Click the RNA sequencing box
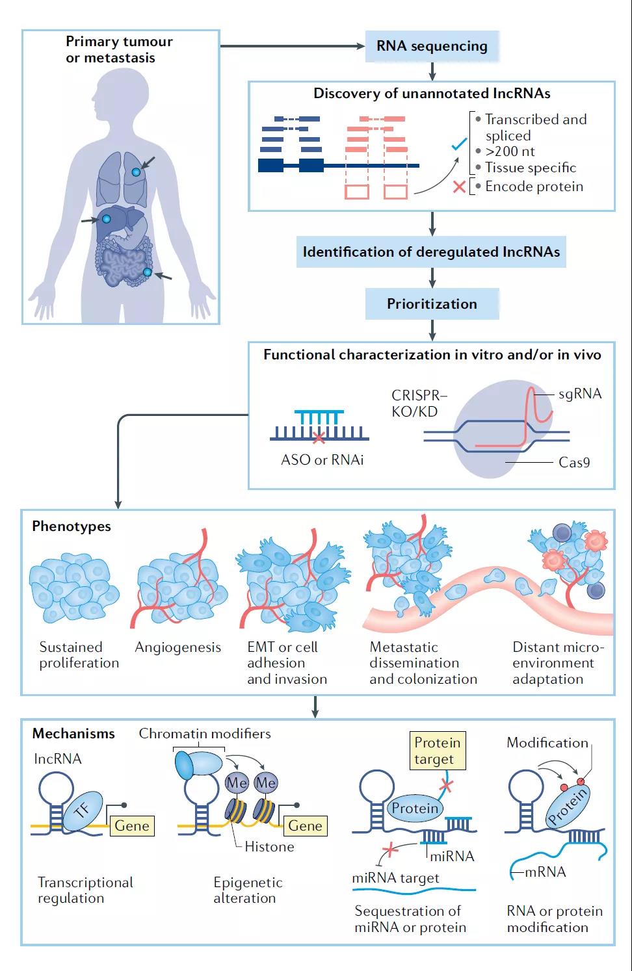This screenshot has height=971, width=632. pyautogui.click(x=432, y=46)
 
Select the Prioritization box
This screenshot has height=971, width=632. pyautogui.click(x=432, y=304)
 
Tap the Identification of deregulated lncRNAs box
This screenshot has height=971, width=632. pyautogui.click(x=431, y=252)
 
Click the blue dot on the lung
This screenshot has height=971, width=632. pyautogui.click(x=136, y=172)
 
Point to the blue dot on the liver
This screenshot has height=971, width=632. pyautogui.click(x=107, y=220)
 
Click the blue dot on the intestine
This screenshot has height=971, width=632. pyautogui.click(x=148, y=272)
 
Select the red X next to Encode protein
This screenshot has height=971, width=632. pyautogui.click(x=459, y=187)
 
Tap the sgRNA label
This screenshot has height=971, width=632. pyautogui.click(x=580, y=394)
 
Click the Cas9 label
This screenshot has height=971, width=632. pyautogui.click(x=574, y=463)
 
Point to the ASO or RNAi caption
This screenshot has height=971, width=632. pyautogui.click(x=322, y=460)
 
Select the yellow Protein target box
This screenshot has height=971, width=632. pyautogui.click(x=438, y=751)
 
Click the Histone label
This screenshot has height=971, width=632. pyautogui.click(x=269, y=846)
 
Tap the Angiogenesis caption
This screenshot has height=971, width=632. pyautogui.click(x=178, y=647)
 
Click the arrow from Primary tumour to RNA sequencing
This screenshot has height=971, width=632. pyautogui.click(x=293, y=46)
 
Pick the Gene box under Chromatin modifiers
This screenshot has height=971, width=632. pyautogui.click(x=305, y=825)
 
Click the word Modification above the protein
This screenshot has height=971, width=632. pyautogui.click(x=547, y=742)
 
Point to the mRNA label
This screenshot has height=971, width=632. pyautogui.click(x=545, y=872)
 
